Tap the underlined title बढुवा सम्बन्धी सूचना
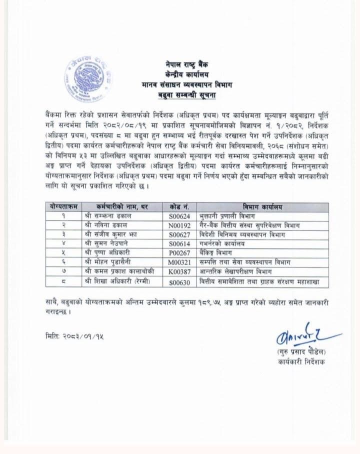coord(188,94)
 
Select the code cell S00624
coord(178,215)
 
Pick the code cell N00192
coord(178,225)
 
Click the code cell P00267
coord(178,254)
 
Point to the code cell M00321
coord(178,263)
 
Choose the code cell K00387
coord(178,273)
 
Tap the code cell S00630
coord(178,282)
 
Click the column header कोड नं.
coord(178,206)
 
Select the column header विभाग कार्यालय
coord(262,206)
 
